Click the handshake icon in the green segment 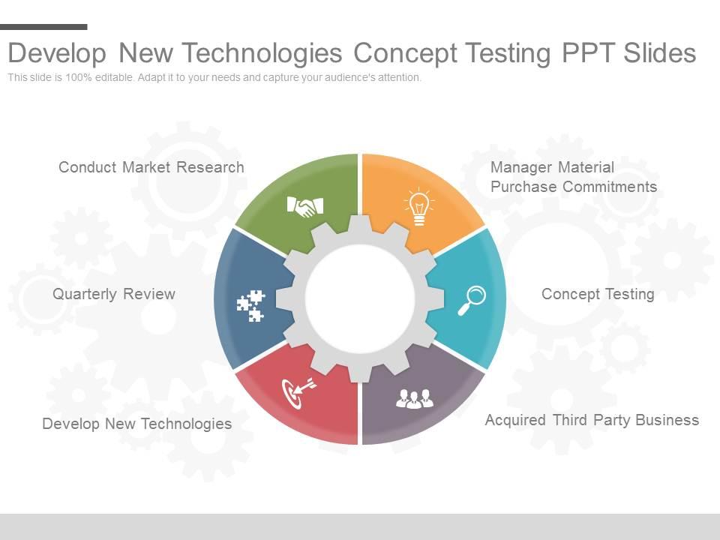305,207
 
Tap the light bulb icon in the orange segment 419,207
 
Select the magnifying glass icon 472,301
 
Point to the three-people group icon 415,398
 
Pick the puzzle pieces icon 250,306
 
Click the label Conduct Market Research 151,167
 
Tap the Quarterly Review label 114,294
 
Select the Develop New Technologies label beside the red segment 136,423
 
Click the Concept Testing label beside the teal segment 598,294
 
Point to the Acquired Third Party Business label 592,420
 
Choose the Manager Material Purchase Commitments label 574,177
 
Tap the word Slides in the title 659,52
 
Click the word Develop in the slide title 58,53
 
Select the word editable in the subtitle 114,77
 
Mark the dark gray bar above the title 43,27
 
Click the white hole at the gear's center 360,299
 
